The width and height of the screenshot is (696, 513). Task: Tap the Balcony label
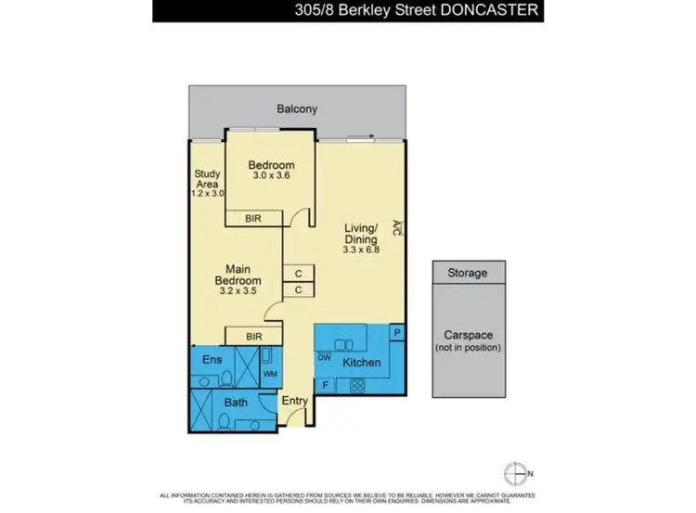coord(297,109)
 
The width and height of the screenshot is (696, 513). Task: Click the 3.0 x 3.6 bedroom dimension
coord(271,178)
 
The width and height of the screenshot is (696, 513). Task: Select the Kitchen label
coord(361,362)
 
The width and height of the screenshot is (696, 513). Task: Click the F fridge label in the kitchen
coord(325,383)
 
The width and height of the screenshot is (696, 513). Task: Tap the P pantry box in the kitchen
coord(396,331)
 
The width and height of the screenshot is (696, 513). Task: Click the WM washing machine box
coord(270,374)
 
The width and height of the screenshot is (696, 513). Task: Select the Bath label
coord(236,403)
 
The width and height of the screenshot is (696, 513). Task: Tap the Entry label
coord(294,401)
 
